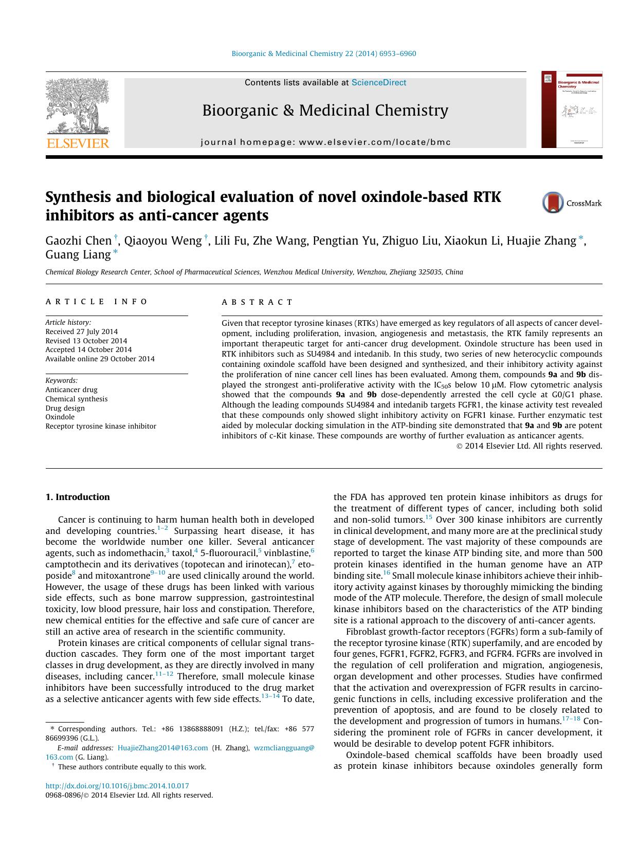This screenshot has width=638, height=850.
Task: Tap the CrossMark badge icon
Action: pyautogui.click(x=553, y=202)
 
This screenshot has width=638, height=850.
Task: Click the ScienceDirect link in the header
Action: pyautogui.click(x=378, y=83)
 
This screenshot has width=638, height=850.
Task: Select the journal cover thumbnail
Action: pyautogui.click(x=572, y=109)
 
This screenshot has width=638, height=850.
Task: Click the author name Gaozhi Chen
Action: pyautogui.click(x=78, y=241)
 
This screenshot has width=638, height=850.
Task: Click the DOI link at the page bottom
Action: pyautogui.click(x=117, y=786)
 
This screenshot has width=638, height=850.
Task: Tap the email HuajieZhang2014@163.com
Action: pyautogui.click(x=162, y=748)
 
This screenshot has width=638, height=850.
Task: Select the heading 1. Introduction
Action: pyautogui.click(x=78, y=497)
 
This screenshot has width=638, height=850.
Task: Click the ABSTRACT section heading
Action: pyautogui.click(x=257, y=302)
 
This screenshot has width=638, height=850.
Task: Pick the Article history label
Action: pyautogui.click(x=68, y=322)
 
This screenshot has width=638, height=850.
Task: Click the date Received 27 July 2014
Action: pyautogui.click(x=81, y=331)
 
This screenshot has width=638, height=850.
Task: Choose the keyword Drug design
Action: pyautogui.click(x=65, y=408)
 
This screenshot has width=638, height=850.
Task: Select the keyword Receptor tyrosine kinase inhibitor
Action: pyautogui.click(x=101, y=426)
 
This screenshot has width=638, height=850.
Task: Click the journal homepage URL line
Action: pyautogui.click(x=325, y=142)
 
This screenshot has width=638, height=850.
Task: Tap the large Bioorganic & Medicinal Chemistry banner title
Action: pyautogui.click(x=325, y=110)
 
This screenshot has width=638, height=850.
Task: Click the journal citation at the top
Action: pyautogui.click(x=324, y=53)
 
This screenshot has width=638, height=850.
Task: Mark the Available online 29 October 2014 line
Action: pyautogui.click(x=100, y=359)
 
